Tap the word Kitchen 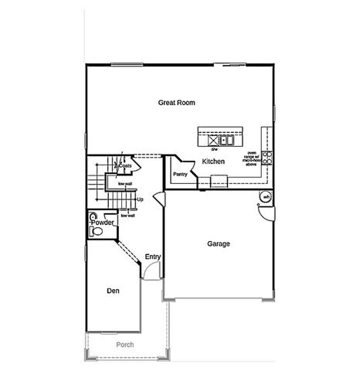click(213, 162)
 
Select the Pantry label click(181, 175)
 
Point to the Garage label click(219, 243)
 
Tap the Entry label click(152, 256)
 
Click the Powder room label click(103, 223)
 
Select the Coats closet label click(124, 165)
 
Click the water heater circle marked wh click(266, 197)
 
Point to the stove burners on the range click(267, 157)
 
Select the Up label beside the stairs click(140, 200)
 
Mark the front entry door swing click(152, 272)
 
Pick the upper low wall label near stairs click(124, 183)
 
